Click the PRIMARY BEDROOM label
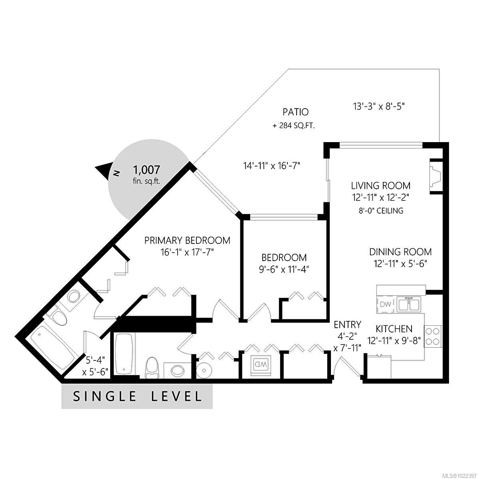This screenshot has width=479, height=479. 187,240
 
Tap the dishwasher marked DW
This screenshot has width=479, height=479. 385,305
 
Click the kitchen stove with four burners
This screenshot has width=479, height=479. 433,336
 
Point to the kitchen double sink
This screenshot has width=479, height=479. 408,304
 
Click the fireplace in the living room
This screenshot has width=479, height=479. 435,176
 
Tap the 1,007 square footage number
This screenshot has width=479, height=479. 146,170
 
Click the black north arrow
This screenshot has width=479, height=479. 103,170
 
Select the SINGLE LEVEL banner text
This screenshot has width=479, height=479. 137,396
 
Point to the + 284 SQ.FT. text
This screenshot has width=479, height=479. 293,126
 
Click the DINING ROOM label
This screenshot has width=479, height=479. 400,252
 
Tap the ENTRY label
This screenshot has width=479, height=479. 348,324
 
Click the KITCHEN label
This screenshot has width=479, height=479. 394,329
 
